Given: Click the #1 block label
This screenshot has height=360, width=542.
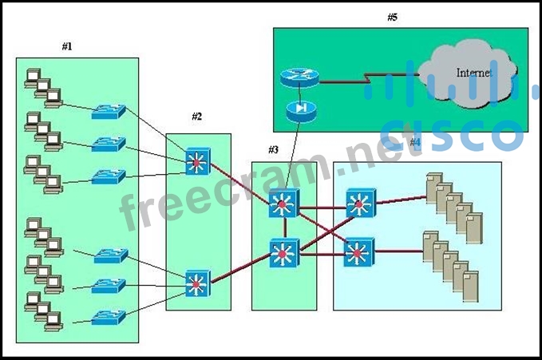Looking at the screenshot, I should (67, 46).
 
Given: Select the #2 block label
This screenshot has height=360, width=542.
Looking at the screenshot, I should (196, 117).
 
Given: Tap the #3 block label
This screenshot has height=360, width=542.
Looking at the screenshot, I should (273, 149).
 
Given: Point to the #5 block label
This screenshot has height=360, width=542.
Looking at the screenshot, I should (392, 18).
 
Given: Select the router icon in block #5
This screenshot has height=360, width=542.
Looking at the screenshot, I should (299, 77).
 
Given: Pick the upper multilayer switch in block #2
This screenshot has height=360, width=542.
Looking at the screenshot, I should (196, 162).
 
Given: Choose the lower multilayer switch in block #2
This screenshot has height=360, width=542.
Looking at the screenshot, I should (196, 282).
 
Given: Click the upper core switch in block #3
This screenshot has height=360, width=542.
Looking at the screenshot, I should (283, 204).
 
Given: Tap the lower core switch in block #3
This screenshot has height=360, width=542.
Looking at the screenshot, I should (283, 254).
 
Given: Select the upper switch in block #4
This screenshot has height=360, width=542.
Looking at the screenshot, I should (358, 204).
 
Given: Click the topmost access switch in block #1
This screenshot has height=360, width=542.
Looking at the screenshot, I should (108, 111).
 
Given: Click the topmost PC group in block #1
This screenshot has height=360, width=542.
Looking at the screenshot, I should (42, 87).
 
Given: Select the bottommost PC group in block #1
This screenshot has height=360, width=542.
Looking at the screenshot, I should (42, 311).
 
